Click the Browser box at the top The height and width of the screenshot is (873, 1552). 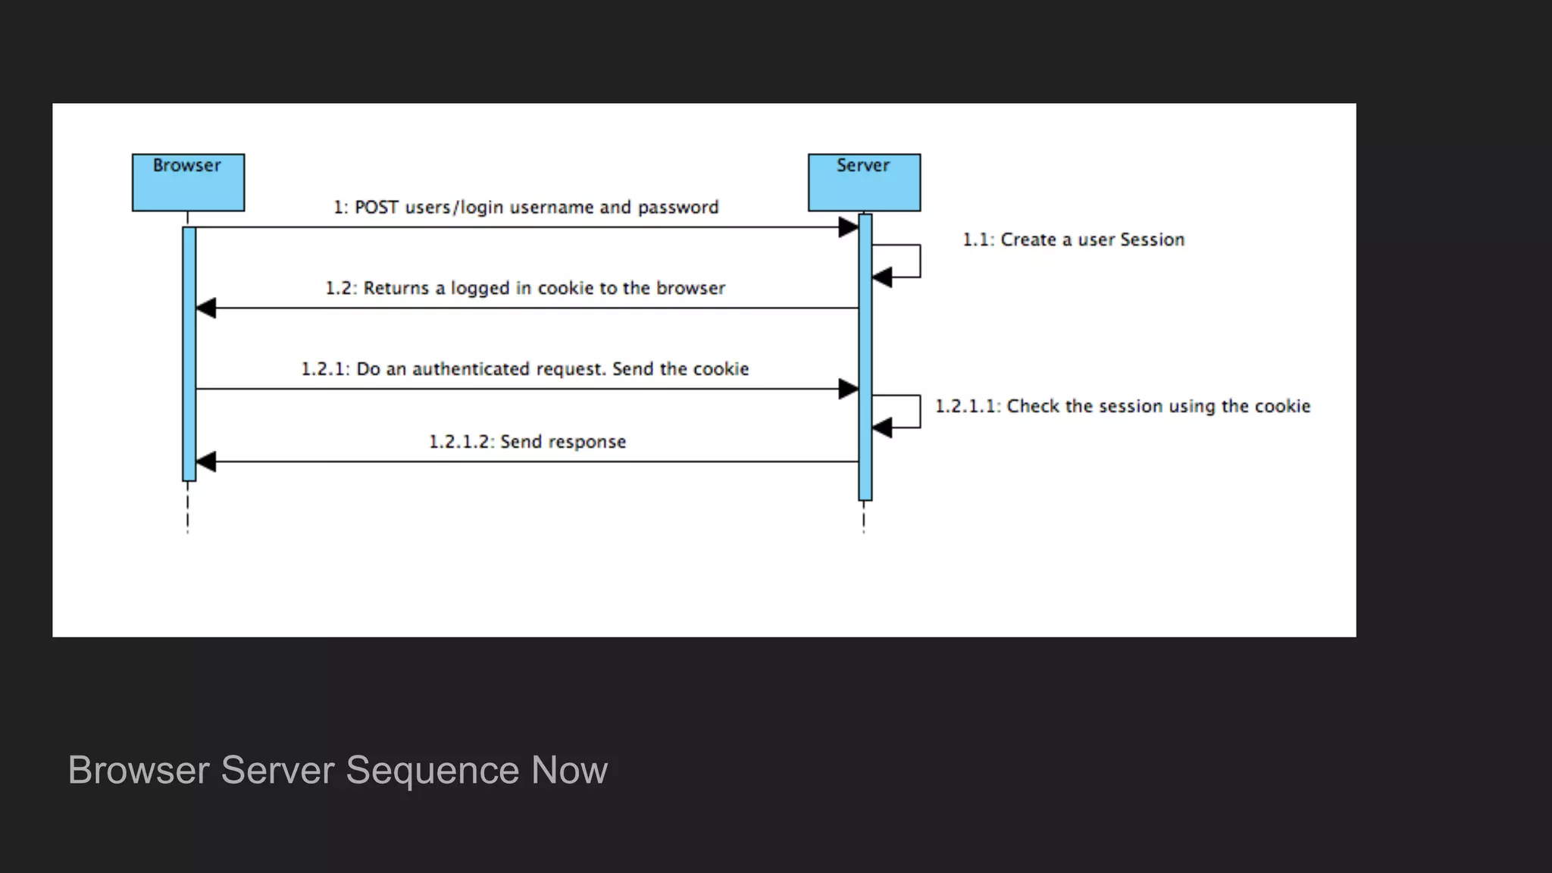tap(188, 183)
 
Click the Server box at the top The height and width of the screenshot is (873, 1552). tap(864, 183)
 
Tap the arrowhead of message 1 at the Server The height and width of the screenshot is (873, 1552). tap(849, 227)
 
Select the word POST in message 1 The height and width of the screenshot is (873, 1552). tap(377, 208)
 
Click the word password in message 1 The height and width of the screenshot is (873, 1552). tap(678, 208)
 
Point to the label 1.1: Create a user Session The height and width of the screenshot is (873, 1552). tap(1073, 239)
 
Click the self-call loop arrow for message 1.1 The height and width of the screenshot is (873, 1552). tap(918, 261)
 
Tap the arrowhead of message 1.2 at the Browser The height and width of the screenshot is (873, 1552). tap(206, 308)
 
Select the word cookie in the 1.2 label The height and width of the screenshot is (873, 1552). tap(565, 288)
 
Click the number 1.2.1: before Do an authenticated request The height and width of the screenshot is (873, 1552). tap(325, 369)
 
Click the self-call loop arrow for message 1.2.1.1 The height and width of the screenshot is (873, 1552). tap(918, 411)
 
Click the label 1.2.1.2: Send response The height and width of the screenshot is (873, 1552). tap(527, 442)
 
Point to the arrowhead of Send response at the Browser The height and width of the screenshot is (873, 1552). tap(206, 462)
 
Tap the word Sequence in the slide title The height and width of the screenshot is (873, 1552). tap(432, 770)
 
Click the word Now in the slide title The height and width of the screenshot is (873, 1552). tap(569, 770)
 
